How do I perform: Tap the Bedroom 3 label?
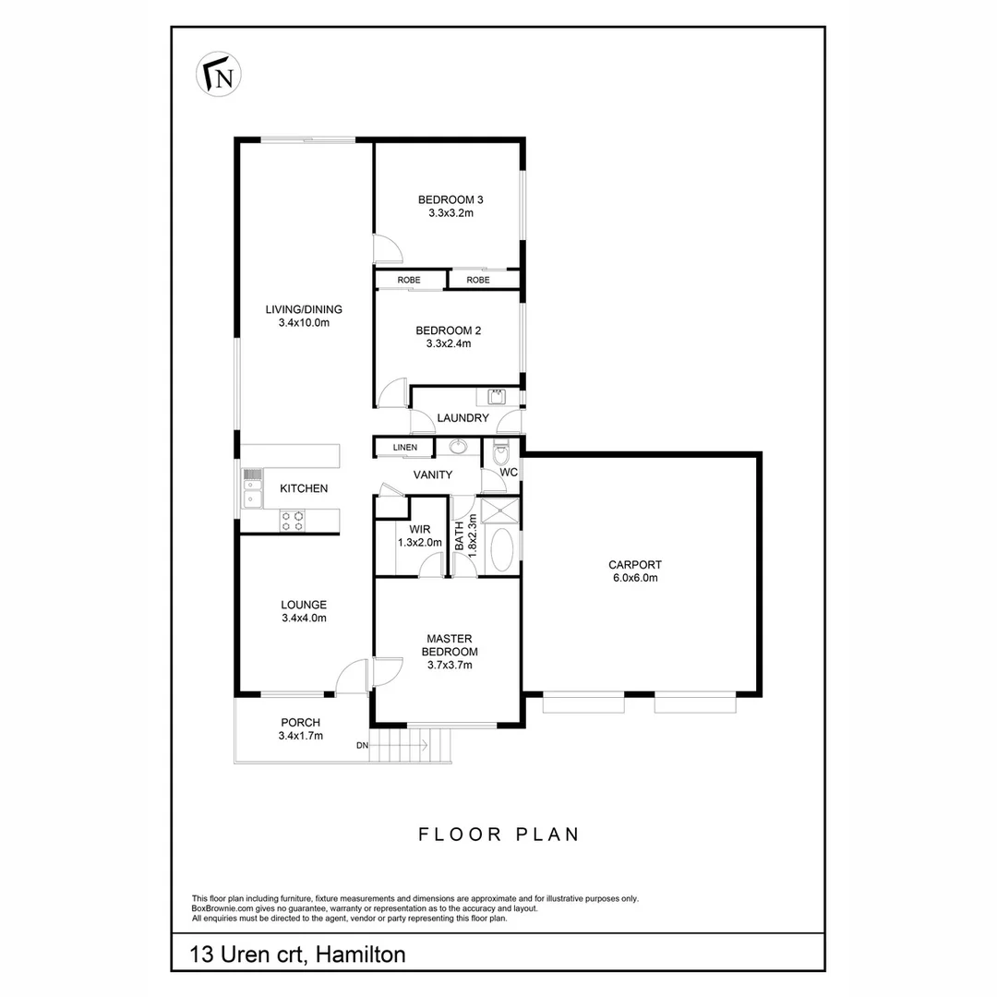pos(450,199)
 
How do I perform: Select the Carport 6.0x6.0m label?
pos(634,571)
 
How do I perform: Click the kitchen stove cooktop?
pos(294,522)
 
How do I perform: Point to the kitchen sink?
pos(252,489)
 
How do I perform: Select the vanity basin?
pos(459,448)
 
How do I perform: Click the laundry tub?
pos(496,397)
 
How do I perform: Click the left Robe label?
pos(410,280)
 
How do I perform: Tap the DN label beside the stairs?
pos(363,746)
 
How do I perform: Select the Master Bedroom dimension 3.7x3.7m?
pos(450,665)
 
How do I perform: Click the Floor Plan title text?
pos(498,835)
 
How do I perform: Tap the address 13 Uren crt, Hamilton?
pos(297,954)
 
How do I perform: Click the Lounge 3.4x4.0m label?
pos(304,612)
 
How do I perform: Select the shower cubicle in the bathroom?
pos(502,511)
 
